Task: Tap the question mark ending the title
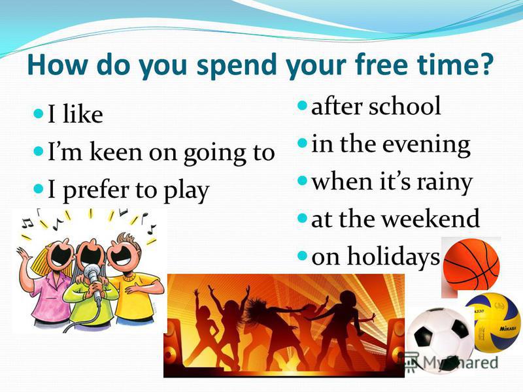click(x=483, y=63)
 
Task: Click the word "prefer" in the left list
click(x=97, y=191)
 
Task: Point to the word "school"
click(x=405, y=106)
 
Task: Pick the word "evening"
click(x=426, y=145)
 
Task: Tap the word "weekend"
click(x=430, y=219)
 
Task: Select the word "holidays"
click(x=394, y=256)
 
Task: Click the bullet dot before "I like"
click(x=39, y=113)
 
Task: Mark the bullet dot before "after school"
click(x=302, y=106)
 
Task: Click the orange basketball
click(x=471, y=264)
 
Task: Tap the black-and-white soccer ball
click(x=439, y=339)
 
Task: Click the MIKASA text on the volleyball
click(x=508, y=329)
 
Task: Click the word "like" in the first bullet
click(x=82, y=114)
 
